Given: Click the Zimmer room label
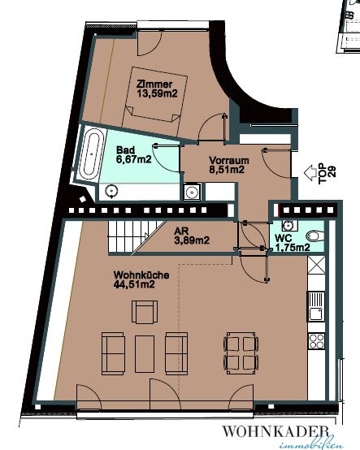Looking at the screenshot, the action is [x=154, y=84].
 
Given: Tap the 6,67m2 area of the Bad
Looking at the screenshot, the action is [x=134, y=159].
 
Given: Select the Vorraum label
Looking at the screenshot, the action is [x=229, y=160].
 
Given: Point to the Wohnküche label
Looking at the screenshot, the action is [x=141, y=275].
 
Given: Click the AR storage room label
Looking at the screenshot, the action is [x=181, y=231].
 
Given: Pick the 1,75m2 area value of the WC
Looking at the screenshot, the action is [x=293, y=247].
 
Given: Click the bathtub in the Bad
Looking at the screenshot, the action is [x=92, y=154].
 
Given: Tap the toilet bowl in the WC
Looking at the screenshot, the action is [x=315, y=236].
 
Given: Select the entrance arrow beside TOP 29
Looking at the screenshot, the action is [x=310, y=173].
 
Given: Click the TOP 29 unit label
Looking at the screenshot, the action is [x=327, y=173].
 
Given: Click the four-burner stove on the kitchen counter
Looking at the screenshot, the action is [x=316, y=340].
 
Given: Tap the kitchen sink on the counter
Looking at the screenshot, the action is [x=316, y=306].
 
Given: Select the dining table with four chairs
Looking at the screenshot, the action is [x=241, y=353].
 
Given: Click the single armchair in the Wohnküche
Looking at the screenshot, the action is [x=145, y=312].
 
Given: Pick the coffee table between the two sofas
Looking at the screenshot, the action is [x=145, y=354].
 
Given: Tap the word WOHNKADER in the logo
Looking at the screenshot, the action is [x=275, y=431].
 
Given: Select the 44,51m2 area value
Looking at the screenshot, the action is [x=134, y=284].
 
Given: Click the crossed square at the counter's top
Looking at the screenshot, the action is [x=316, y=265].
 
